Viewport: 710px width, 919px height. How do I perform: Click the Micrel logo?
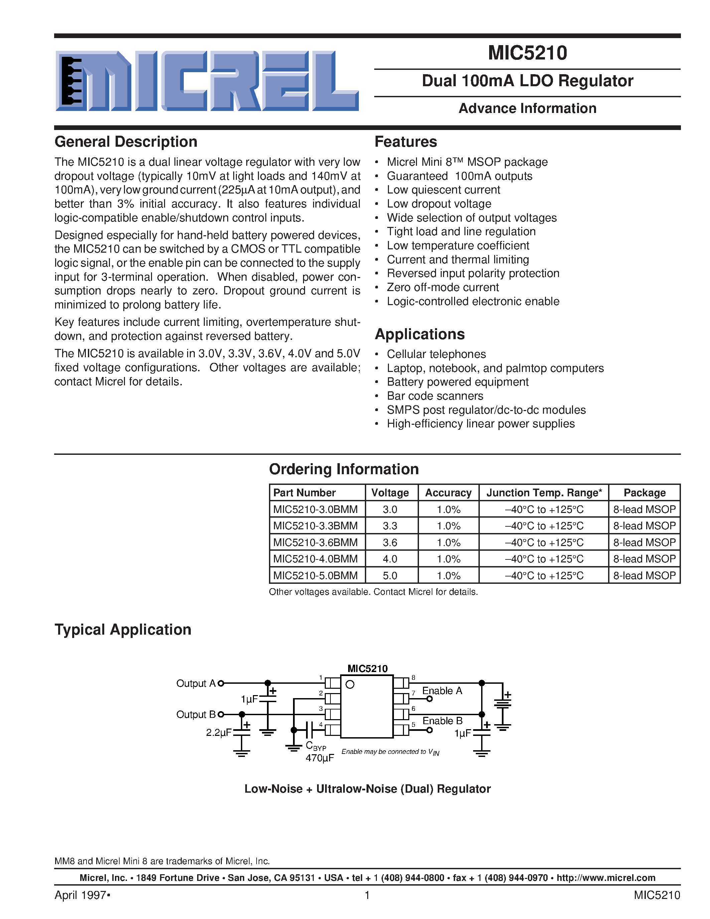207,81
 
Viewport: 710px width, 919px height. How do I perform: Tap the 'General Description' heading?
126,142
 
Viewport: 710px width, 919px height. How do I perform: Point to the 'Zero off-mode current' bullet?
442,287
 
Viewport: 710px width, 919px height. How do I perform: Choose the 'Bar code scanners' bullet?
435,396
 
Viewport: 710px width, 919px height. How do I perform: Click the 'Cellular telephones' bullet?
436,354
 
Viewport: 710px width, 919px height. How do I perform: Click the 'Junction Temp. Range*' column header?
544,493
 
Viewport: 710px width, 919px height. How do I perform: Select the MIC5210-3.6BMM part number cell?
315,542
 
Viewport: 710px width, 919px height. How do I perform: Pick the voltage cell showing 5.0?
390,576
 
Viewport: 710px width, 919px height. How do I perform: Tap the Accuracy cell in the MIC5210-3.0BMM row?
448,510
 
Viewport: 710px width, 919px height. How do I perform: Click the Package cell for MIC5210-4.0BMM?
644,559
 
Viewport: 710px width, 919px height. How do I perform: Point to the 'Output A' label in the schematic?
195,683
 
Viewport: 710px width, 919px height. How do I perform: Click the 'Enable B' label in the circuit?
442,721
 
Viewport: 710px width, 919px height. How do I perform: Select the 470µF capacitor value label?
320,758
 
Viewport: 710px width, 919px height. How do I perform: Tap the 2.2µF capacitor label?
218,733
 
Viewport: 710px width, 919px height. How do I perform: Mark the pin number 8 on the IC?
413,677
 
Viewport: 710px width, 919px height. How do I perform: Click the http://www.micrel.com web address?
606,878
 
